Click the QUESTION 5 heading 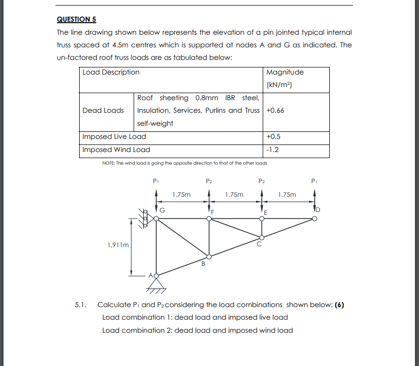click(76, 19)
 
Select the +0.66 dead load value click(275, 110)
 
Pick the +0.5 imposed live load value click(273, 136)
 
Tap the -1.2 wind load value click(272, 150)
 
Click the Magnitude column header click(284, 72)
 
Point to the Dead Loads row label click(103, 110)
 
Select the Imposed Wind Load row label click(116, 150)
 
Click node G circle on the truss click(156, 218)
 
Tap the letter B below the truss click(204, 263)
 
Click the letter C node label click(259, 245)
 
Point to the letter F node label click(213, 212)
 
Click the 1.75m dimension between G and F click(181, 194)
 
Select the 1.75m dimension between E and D click(287, 194)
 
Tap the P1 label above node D click(314, 180)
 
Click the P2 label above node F click(209, 180)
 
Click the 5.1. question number click(81, 305)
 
